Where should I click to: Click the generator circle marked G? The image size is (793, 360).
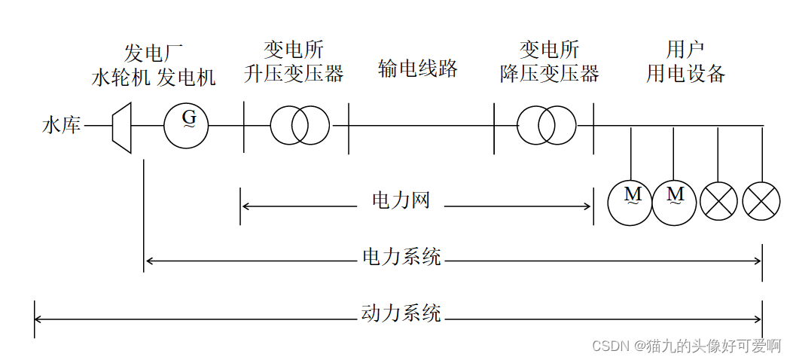click(x=186, y=125)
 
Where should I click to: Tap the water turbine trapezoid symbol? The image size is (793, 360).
click(x=121, y=126)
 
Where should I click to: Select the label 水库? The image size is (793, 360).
click(x=61, y=126)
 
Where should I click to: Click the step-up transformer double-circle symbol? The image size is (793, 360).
click(x=300, y=125)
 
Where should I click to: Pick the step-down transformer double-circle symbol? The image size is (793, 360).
click(x=546, y=125)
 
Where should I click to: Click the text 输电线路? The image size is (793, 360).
click(x=418, y=69)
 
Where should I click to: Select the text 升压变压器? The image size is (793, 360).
click(x=294, y=74)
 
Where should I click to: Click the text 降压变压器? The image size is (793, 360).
click(x=550, y=74)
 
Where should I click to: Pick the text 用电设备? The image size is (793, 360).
click(x=685, y=74)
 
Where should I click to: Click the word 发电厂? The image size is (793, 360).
click(x=154, y=53)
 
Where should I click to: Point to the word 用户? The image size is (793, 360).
click(x=685, y=50)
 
